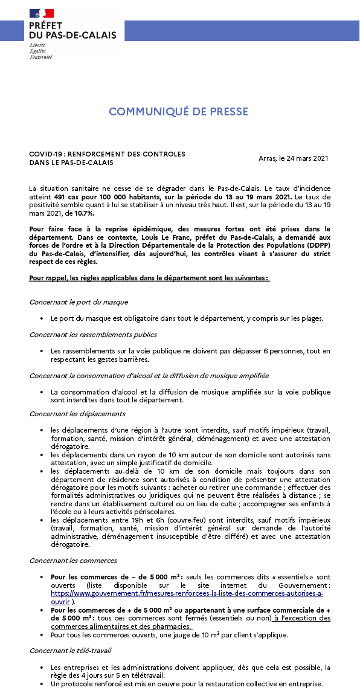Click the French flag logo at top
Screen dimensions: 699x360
click(41, 13)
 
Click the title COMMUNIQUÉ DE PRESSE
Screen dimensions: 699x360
click(178, 112)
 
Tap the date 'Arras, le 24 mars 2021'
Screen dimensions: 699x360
click(293, 158)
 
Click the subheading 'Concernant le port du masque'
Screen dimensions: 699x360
click(79, 301)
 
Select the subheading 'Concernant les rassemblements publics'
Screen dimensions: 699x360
click(93, 334)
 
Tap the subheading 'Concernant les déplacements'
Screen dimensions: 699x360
click(77, 414)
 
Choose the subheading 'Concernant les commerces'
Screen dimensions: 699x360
click(73, 561)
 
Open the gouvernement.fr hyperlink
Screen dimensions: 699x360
click(187, 593)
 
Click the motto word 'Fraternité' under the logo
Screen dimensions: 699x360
click(40, 57)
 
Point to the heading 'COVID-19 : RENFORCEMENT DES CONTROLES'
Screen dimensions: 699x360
click(107, 154)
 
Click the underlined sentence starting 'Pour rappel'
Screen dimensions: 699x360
click(149, 277)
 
